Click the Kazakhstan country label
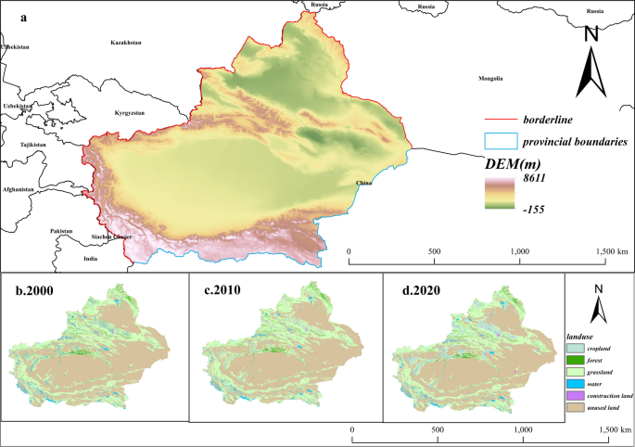125,44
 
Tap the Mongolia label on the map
490,79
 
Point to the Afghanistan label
18,189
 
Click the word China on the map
363,184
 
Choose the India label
90,259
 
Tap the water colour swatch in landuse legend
574,383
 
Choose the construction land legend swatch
574,396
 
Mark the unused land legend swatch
574,408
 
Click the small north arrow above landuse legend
600,300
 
